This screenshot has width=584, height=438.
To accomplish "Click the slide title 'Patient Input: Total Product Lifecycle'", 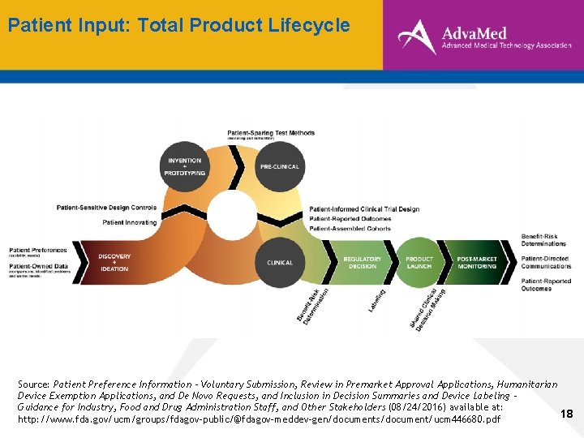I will pyautogui.click(x=178, y=25).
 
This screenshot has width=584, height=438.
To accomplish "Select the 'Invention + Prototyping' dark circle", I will pyautogui.click(x=185, y=166).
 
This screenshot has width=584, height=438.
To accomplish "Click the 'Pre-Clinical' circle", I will pyautogui.click(x=279, y=166).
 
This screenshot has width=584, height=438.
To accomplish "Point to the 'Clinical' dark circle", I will pyautogui.click(x=280, y=262).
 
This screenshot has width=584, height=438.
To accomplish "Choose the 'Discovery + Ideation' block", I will pyautogui.click(x=114, y=262).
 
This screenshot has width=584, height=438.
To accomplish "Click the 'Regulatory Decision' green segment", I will pyautogui.click(x=362, y=262).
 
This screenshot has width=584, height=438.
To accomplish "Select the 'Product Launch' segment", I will pyautogui.click(x=419, y=262).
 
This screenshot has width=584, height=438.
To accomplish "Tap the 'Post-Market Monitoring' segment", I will pyautogui.click(x=477, y=262).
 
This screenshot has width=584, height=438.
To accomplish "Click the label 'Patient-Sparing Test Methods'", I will pyautogui.click(x=271, y=133).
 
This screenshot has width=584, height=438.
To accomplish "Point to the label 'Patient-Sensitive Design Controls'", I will pyautogui.click(x=106, y=208).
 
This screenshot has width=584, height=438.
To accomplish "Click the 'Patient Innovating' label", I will pyautogui.click(x=130, y=222).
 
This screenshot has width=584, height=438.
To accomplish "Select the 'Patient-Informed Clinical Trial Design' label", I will pyautogui.click(x=364, y=209).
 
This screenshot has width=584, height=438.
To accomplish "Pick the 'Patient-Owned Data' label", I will pyautogui.click(x=37, y=265).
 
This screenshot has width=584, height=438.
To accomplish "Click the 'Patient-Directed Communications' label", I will pyautogui.click(x=546, y=262).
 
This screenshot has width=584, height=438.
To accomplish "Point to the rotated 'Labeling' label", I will pyautogui.click(x=376, y=300).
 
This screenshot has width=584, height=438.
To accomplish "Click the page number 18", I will pyautogui.click(x=566, y=414).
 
